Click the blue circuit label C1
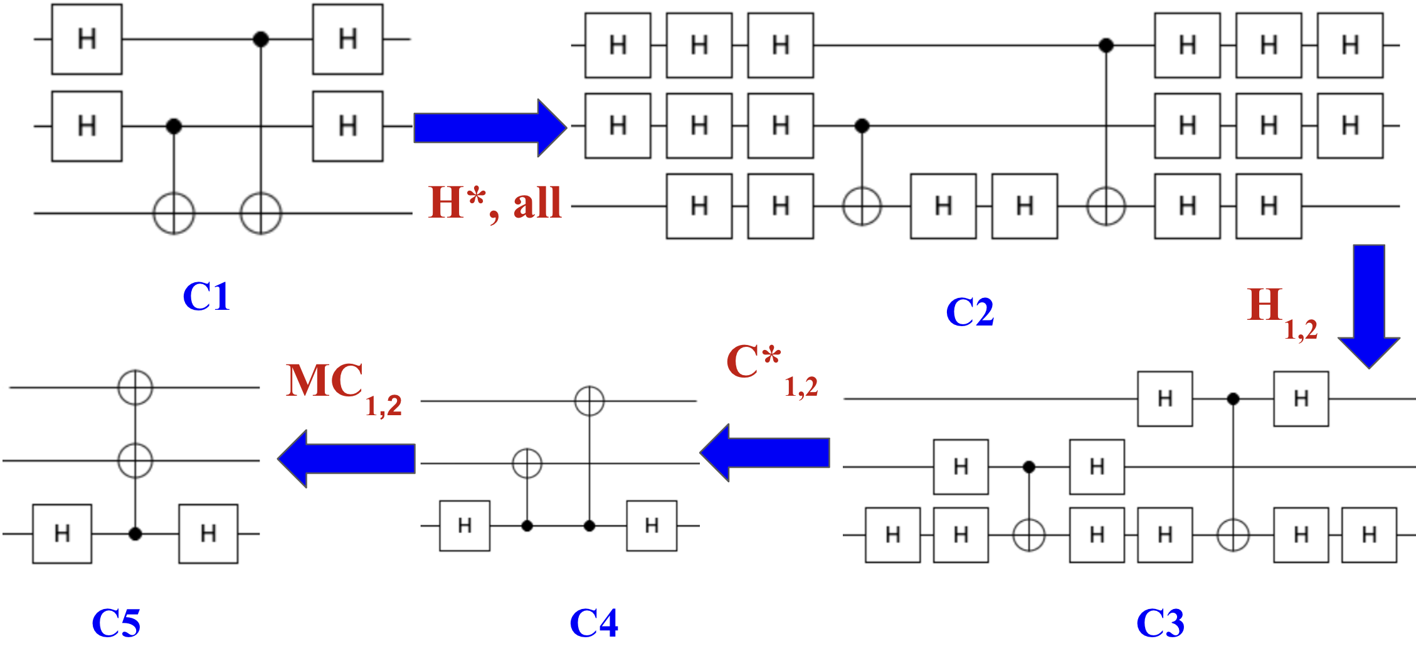[206, 296]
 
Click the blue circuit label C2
[970, 312]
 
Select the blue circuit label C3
[1160, 623]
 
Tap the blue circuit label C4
[593, 623]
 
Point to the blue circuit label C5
[116, 623]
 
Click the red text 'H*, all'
[494, 203]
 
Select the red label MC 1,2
[342, 386]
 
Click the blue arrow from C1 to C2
[489, 128]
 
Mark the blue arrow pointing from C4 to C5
[346, 458]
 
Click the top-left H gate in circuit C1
[87, 40]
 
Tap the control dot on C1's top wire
[261, 40]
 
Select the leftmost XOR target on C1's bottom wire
[174, 213]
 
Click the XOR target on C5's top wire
[135, 387]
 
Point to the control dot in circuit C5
[135, 534]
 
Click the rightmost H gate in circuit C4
[652, 526]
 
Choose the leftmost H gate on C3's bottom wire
[892, 535]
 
